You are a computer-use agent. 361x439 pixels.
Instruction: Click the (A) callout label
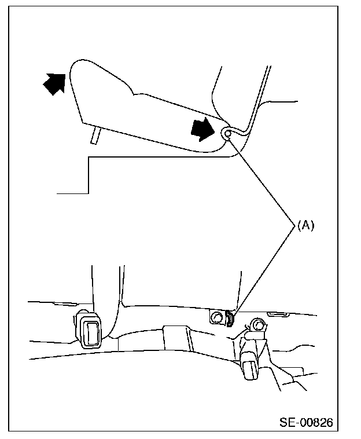click(305, 226)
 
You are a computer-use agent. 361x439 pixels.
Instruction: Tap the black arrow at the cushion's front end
click(55, 83)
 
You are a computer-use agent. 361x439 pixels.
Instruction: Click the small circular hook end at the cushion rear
click(227, 134)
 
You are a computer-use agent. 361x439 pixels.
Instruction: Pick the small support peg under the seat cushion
click(95, 135)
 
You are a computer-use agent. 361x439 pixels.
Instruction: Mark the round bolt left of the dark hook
click(218, 317)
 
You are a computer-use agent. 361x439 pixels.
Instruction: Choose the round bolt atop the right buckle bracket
click(256, 325)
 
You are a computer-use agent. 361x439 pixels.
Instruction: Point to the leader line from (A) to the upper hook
click(263, 180)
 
